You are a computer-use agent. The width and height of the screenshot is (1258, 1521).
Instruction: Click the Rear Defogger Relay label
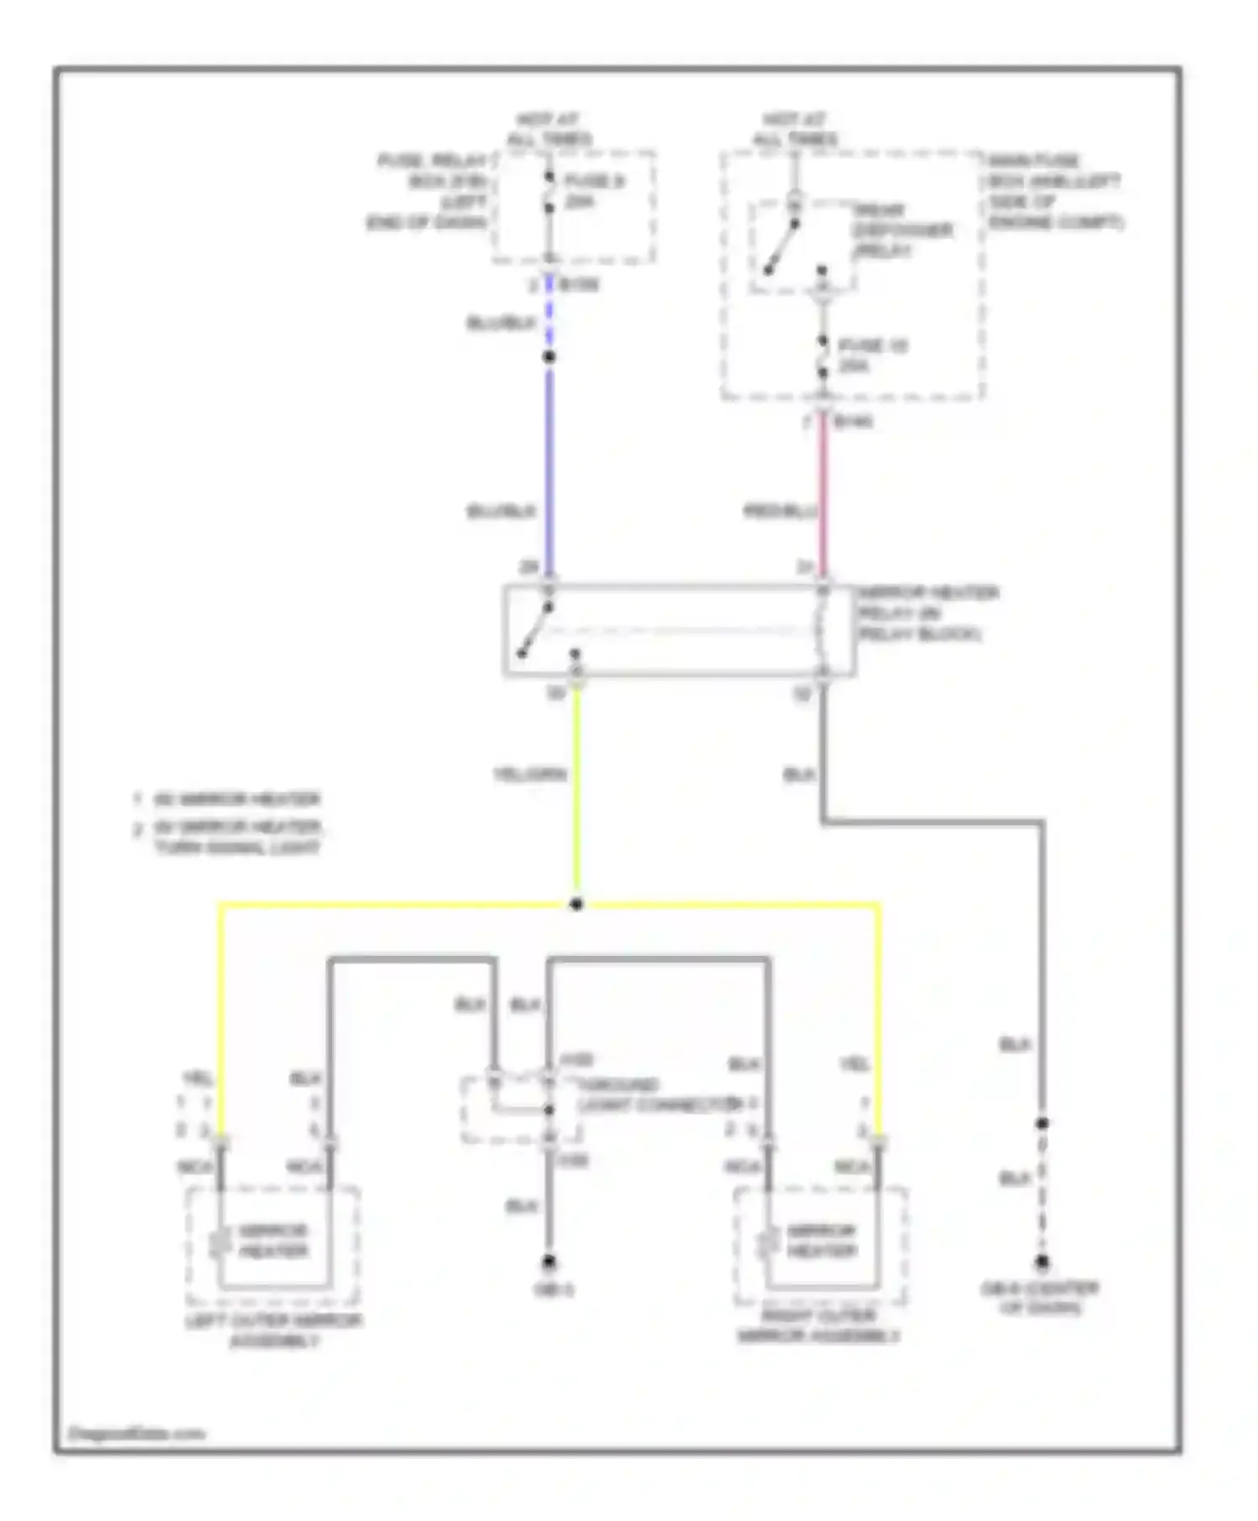coord(902,230)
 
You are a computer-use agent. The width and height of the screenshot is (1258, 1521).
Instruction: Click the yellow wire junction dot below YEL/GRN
coord(576,905)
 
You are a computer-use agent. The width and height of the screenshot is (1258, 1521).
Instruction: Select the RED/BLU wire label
coord(780,511)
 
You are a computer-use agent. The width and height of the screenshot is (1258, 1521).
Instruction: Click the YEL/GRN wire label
coord(529,774)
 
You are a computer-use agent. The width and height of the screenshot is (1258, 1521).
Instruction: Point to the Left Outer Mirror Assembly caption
coord(273,1331)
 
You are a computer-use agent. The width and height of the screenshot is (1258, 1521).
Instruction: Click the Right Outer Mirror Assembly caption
coord(819,1326)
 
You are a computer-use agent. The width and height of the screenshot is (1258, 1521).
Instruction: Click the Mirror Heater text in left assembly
coord(274,1241)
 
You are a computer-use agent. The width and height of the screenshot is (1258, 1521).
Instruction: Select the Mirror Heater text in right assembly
coord(822,1241)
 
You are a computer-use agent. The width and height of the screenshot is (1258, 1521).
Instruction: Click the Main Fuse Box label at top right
coord(1055,191)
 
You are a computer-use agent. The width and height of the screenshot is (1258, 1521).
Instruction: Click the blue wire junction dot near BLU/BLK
coord(549,357)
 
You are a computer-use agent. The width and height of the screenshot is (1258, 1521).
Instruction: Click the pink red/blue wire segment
coord(824,495)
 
